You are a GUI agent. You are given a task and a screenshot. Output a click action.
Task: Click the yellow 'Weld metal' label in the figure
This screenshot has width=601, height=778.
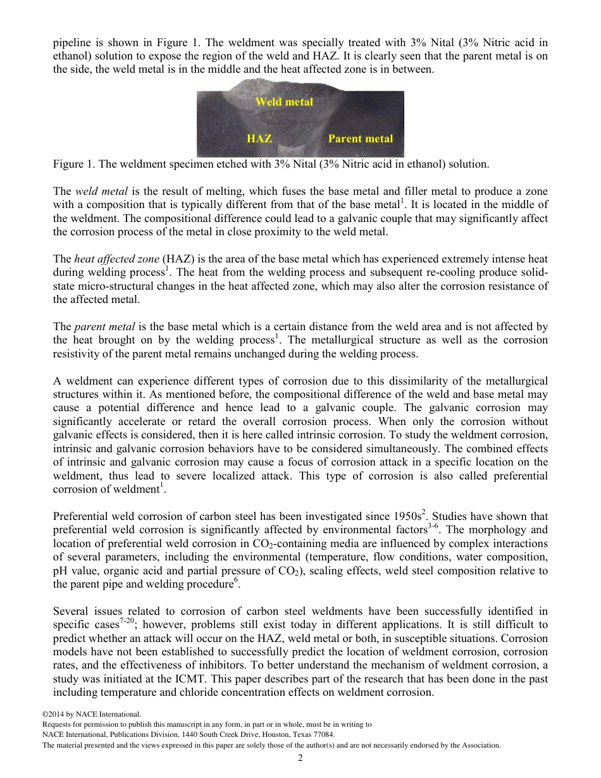pos(283,102)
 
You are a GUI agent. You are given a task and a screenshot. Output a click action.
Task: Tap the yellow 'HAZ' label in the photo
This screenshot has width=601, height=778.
pos(259,139)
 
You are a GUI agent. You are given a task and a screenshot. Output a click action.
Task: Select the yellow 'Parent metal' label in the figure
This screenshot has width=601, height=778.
pos(360,139)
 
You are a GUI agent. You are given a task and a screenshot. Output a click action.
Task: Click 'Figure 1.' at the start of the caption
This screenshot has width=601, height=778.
pos(72,164)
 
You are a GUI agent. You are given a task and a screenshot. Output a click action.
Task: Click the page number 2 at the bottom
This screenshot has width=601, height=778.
pos(300,758)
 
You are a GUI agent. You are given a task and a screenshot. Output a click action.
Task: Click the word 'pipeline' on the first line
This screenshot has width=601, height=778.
pos(70,43)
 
